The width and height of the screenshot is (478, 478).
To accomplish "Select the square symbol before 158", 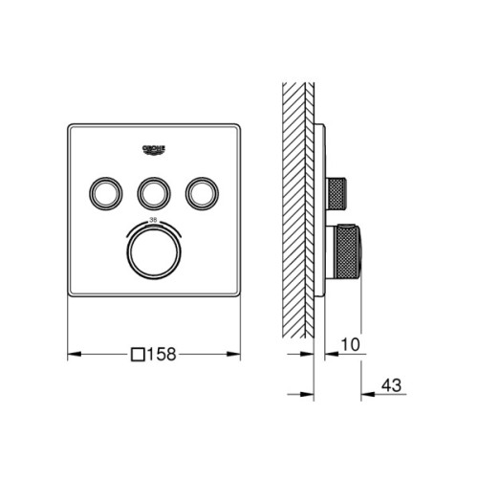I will click(137, 355).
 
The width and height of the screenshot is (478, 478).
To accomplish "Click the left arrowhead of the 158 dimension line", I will click(72, 355).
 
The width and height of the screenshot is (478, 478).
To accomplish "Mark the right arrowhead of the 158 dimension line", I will click(236, 355).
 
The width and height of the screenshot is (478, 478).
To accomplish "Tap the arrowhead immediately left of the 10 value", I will click(328, 355).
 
